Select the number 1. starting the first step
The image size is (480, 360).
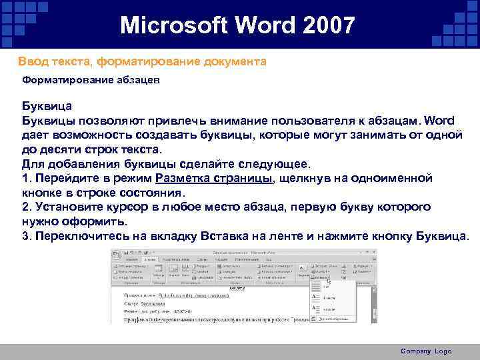[x=27, y=179]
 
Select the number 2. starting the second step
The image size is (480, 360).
[x=27, y=207]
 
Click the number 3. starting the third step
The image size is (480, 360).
[x=27, y=236]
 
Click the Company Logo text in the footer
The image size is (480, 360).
[x=426, y=351]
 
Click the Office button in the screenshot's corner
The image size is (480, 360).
[x=115, y=254]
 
